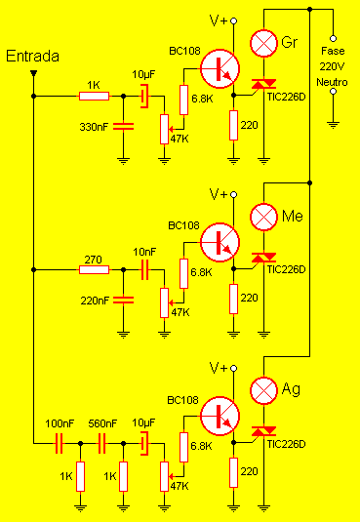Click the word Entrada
tap(33, 56)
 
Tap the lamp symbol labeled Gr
tap(264, 43)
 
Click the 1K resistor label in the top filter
tap(93, 86)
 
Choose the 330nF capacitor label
tap(96, 127)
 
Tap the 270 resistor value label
tap(93, 259)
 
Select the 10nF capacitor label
tap(144, 252)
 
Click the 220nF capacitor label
tap(96, 301)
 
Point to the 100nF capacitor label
tap(60, 424)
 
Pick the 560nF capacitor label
tap(102, 424)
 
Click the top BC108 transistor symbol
tap(220, 67)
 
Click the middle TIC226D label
tap(286, 269)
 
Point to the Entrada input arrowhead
tap(33, 72)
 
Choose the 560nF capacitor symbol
tap(100, 441)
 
